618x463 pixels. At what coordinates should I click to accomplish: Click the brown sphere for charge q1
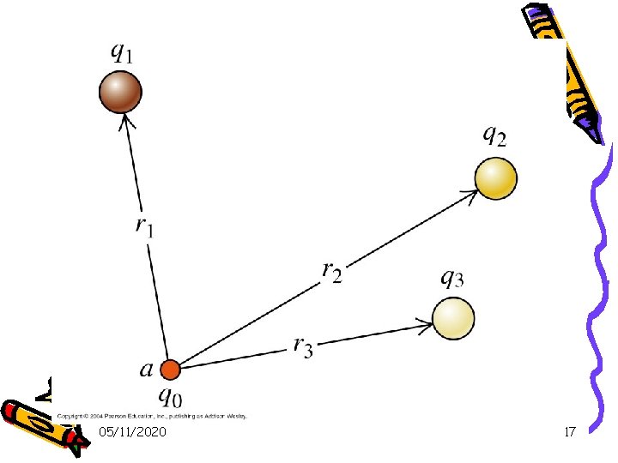tap(120, 92)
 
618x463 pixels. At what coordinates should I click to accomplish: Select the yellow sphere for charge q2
tap(496, 179)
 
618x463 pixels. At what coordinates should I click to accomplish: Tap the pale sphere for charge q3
tap(452, 317)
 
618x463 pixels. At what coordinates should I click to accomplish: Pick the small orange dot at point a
tap(171, 370)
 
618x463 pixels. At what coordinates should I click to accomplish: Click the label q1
tap(122, 52)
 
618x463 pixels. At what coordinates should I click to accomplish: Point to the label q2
tap(494, 135)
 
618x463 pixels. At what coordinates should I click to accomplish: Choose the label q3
tap(452, 278)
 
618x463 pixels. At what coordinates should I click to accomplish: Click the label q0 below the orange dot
tap(172, 397)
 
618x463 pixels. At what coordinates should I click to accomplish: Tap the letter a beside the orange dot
tap(147, 370)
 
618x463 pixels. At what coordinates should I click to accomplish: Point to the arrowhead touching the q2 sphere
tap(470, 195)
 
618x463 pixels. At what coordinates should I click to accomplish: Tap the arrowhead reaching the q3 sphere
tap(424, 323)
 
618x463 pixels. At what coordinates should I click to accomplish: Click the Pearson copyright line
tap(152, 416)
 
